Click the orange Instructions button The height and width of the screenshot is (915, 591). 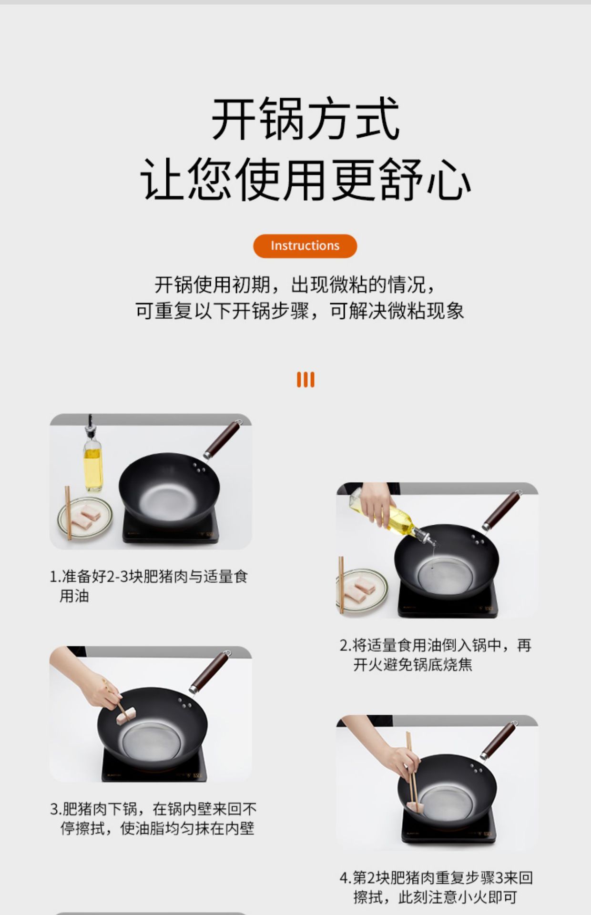pyautogui.click(x=305, y=246)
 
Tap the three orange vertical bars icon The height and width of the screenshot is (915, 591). pyautogui.click(x=306, y=380)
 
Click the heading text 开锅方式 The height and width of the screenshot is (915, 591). pyautogui.click(x=305, y=119)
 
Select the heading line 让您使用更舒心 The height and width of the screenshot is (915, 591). pyautogui.click(x=305, y=180)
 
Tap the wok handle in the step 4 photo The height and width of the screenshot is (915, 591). pyautogui.click(x=499, y=741)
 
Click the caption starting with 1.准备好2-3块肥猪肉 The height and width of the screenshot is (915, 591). pyautogui.click(x=148, y=586)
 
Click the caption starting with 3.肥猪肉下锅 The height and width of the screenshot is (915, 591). pyautogui.click(x=153, y=819)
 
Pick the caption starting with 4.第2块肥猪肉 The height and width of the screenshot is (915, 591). pyautogui.click(x=436, y=887)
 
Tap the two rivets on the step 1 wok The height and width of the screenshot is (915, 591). pyautogui.click(x=199, y=468)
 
